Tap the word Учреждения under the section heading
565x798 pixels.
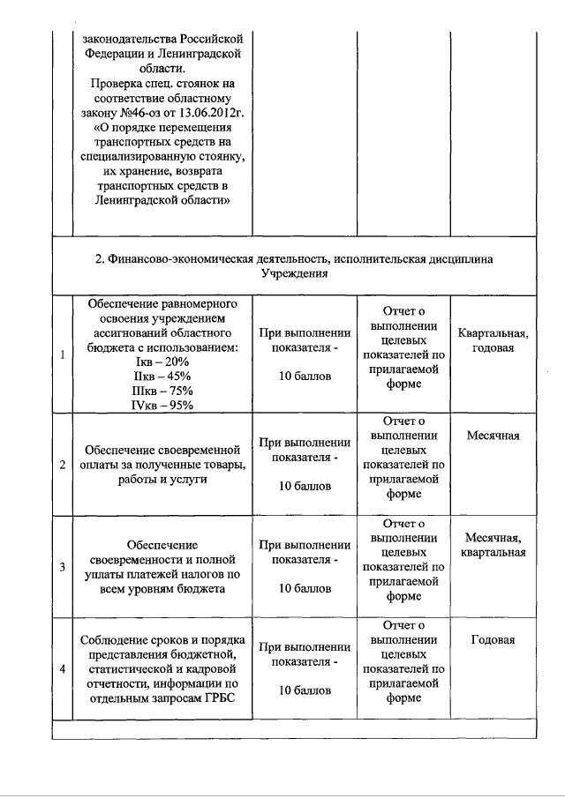[294, 273]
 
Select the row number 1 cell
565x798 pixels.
[61, 354]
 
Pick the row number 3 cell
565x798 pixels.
[61, 566]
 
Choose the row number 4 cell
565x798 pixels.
[61, 668]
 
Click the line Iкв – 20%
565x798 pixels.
[162, 362]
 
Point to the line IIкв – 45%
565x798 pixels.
[162, 377]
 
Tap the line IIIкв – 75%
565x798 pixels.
[162, 391]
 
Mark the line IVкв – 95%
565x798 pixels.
[162, 405]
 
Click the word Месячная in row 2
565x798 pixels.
[493, 436]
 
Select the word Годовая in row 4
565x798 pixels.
[493, 640]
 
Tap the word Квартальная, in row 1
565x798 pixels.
[493, 333]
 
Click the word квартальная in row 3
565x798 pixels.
[493, 552]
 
